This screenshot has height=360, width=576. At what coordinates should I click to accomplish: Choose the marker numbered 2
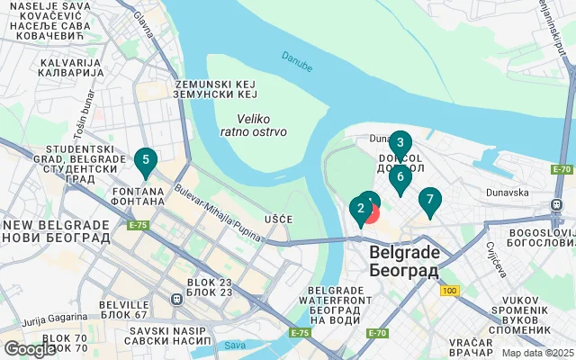click(360, 211)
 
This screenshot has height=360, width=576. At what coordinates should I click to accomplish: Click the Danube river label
click(296, 60)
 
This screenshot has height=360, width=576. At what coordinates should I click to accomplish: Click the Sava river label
click(235, 345)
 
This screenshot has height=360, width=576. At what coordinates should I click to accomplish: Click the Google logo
click(30, 349)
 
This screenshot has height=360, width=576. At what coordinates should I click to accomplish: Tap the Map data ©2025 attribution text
click(536, 353)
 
